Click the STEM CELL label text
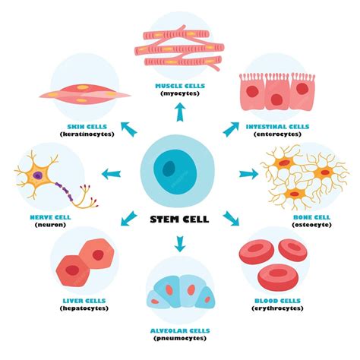179,219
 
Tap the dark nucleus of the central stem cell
169,169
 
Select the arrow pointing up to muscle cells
180,112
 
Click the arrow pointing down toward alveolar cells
180,244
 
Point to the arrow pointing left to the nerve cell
111,174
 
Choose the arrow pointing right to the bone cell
248,174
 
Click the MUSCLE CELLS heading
180,86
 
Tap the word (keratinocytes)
87,134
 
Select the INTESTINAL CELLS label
277,127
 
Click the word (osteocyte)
311,225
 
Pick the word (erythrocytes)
277,308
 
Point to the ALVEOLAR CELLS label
180,330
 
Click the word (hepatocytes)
84,308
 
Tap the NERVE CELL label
50,217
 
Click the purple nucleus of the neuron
38,175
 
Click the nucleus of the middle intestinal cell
276,99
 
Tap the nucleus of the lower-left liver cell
72,270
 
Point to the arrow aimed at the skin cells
129,129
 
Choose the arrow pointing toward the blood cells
231,218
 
